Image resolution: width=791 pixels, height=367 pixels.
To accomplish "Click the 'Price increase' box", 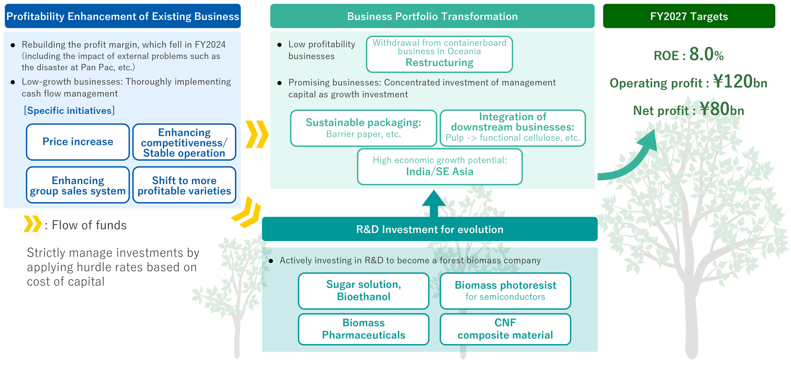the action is point(78,142).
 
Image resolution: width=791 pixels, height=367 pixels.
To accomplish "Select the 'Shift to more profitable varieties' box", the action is point(184,185).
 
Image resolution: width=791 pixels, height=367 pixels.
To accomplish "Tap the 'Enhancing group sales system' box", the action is point(78,185).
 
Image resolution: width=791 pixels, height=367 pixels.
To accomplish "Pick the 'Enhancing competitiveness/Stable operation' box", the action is point(184,142).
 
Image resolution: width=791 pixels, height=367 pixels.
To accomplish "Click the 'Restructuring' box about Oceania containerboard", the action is point(439,54).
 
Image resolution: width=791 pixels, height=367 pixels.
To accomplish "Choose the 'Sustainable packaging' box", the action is point(364,128).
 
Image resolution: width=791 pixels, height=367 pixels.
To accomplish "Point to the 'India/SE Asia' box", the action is point(440,167).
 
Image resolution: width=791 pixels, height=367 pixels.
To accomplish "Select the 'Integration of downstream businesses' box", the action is point(513,128).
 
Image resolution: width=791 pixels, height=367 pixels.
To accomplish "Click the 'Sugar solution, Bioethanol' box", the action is point(364,291).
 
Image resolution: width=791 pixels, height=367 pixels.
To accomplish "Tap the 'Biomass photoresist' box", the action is point(505,291).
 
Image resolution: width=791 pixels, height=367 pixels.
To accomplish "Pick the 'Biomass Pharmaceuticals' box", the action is point(364,329).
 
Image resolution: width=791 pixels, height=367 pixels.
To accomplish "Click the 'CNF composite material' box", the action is point(505,329).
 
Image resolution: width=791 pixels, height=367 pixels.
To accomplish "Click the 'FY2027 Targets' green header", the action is point(689,16).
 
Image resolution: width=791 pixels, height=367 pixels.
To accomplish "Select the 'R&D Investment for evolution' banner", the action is point(430,229).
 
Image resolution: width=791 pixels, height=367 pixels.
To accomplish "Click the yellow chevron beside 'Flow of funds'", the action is point(32,224).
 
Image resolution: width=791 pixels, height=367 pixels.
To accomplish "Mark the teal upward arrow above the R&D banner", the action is point(434,203).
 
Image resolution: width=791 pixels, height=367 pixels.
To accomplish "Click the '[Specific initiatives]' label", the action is point(69,111).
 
